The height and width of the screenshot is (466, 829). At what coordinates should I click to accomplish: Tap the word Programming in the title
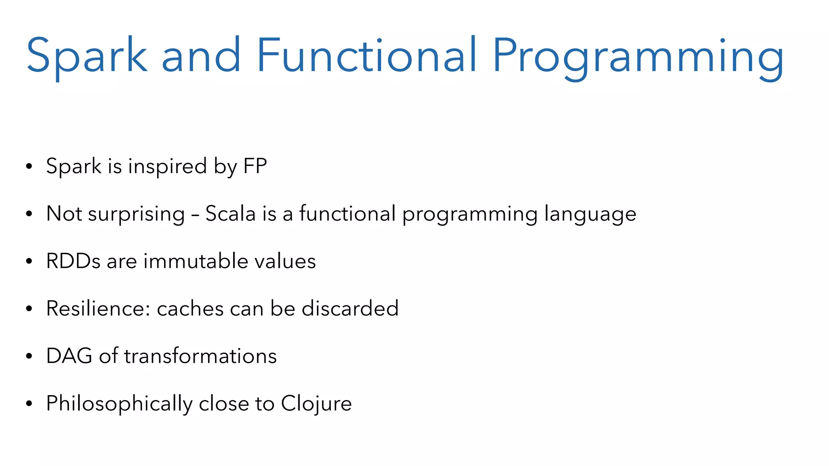point(638,57)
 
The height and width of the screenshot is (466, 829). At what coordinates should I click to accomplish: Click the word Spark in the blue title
point(87,55)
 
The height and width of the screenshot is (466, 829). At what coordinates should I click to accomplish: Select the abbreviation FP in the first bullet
point(255,166)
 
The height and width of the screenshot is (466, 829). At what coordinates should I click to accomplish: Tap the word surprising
point(136,214)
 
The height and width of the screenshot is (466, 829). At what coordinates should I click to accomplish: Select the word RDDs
point(73,261)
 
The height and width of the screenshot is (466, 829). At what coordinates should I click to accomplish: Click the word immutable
point(196,261)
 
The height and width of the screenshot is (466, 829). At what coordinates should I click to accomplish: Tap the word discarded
point(350,309)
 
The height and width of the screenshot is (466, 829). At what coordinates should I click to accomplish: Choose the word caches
point(190,309)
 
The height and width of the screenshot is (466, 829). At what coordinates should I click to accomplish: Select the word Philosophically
point(119,404)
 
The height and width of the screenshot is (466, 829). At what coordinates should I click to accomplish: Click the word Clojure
point(316,404)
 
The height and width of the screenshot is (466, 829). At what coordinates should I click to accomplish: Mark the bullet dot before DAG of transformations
point(29,356)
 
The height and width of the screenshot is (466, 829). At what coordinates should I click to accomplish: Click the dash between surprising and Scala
point(195,214)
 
